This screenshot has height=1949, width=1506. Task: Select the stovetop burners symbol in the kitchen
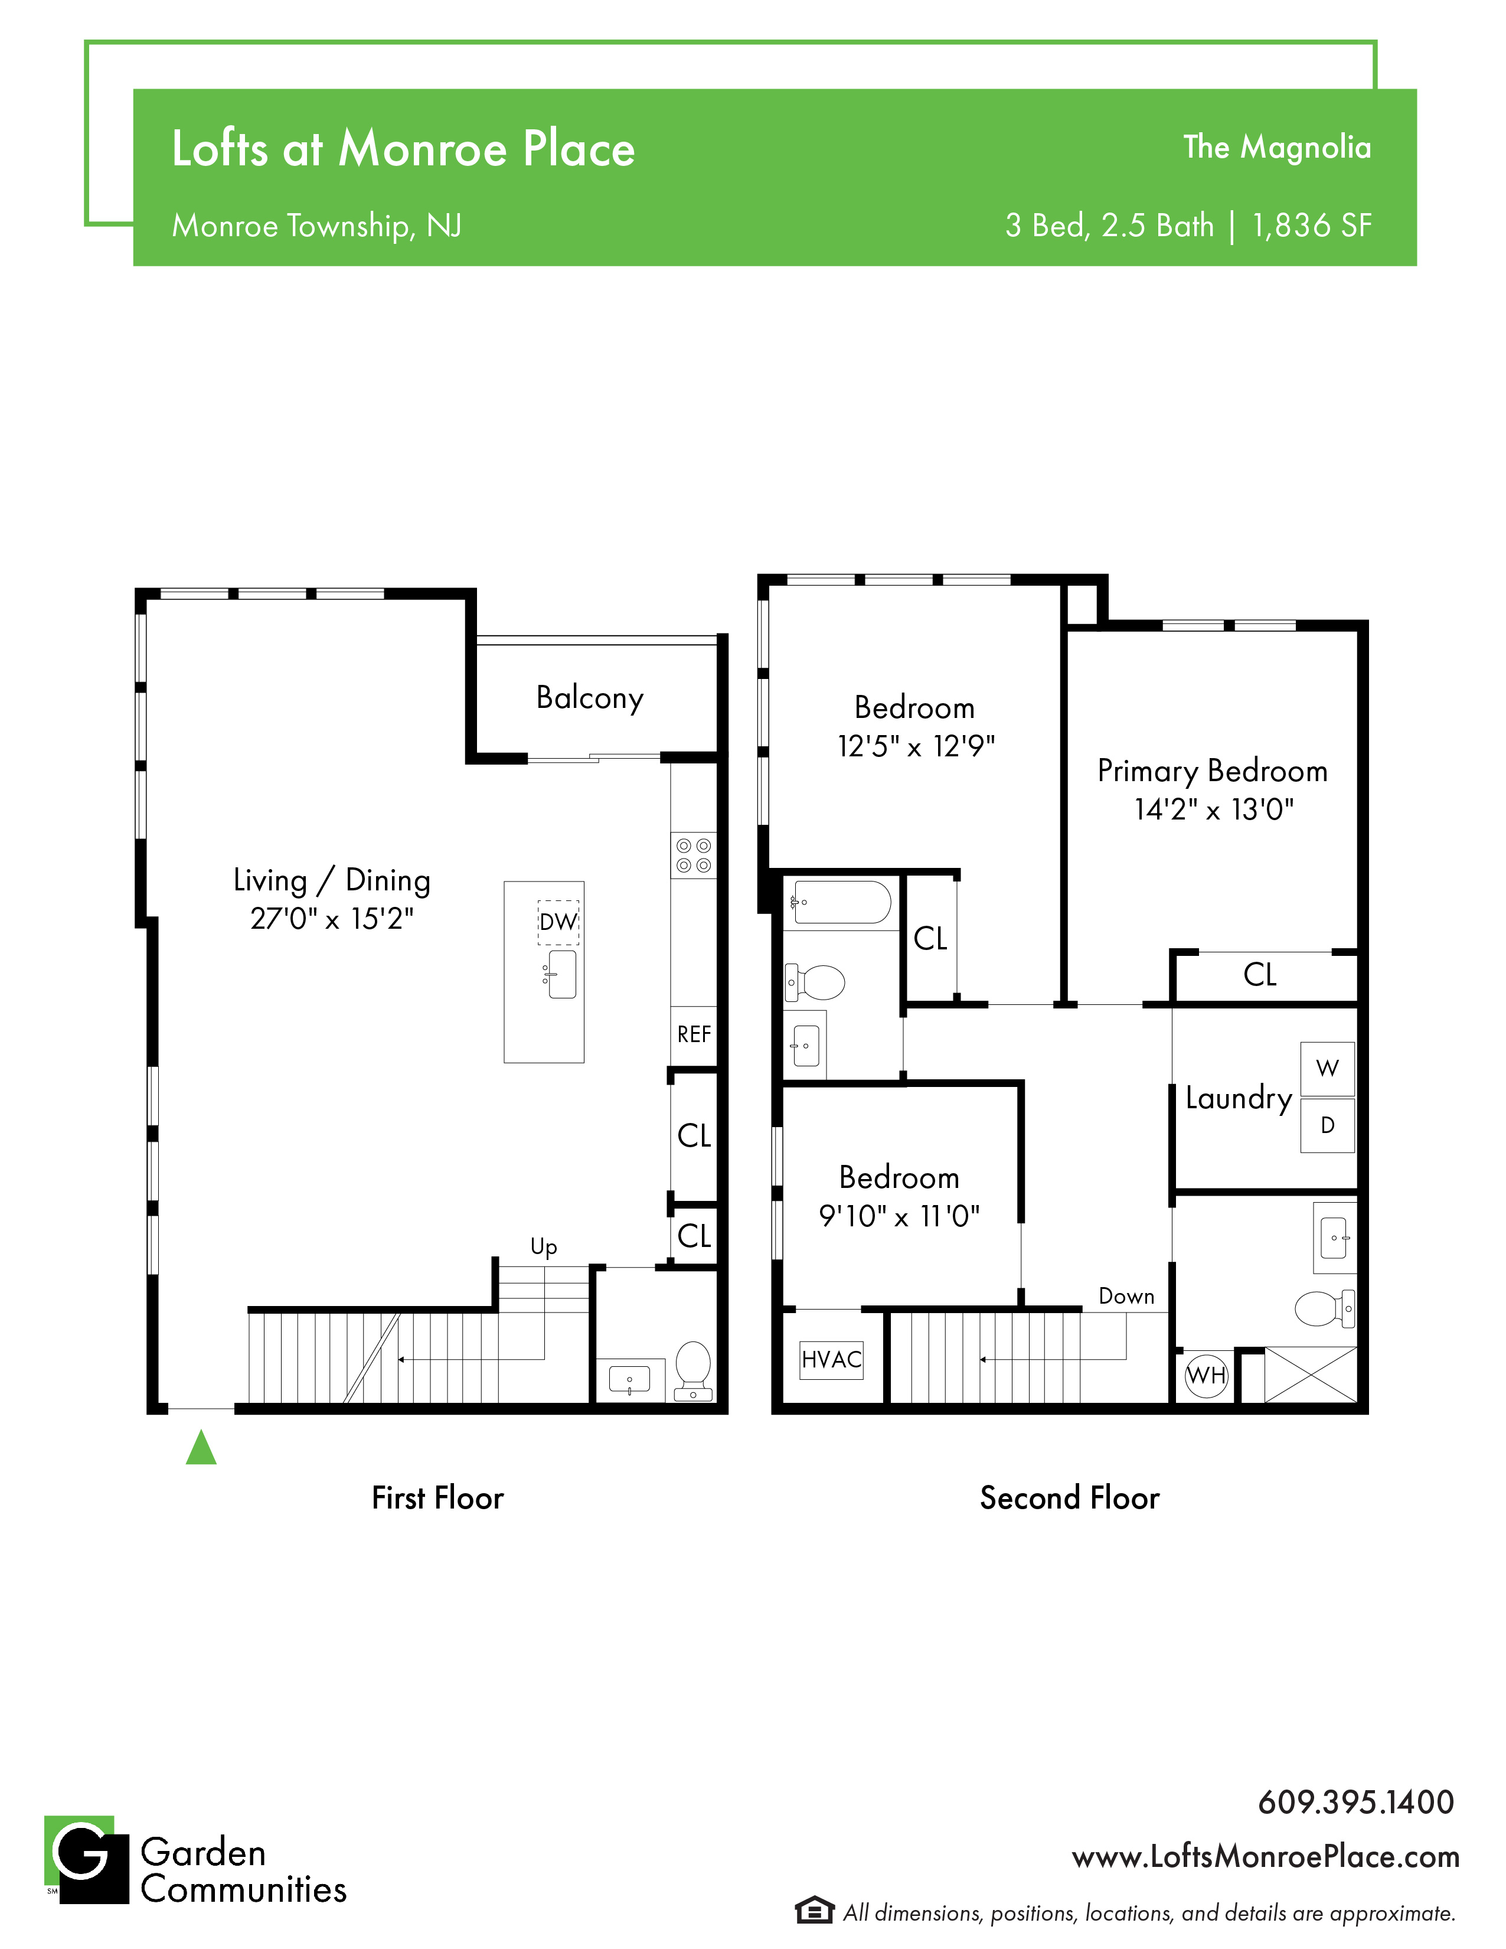click(693, 855)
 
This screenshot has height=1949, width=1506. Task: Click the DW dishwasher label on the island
click(558, 922)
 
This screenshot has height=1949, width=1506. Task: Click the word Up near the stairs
click(543, 1246)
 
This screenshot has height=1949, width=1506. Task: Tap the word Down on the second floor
click(1126, 1296)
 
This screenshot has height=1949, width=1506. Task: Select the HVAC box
click(831, 1360)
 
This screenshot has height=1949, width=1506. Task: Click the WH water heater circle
click(1206, 1375)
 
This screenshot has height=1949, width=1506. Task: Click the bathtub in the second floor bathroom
click(839, 902)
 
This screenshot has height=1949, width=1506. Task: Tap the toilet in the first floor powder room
click(693, 1371)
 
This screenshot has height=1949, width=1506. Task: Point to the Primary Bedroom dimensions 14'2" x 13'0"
click(1213, 809)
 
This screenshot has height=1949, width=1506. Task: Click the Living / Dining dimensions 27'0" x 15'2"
click(332, 918)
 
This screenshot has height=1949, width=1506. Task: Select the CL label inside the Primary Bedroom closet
click(1260, 974)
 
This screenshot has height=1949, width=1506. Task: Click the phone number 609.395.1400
click(1356, 1802)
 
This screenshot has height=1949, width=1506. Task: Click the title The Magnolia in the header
click(1277, 147)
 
